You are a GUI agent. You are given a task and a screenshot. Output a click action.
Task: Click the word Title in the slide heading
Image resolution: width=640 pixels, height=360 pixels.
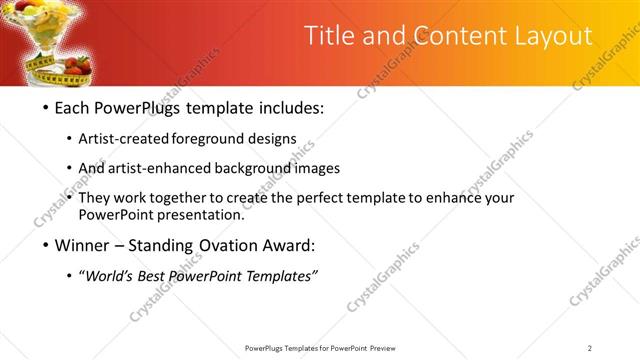point(329,36)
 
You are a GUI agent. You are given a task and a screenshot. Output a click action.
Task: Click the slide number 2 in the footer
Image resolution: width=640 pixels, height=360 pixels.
point(590,348)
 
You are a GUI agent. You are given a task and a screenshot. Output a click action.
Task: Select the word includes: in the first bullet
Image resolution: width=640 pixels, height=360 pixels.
point(288,107)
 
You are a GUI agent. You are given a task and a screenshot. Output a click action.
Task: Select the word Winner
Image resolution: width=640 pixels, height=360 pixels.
point(83,245)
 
